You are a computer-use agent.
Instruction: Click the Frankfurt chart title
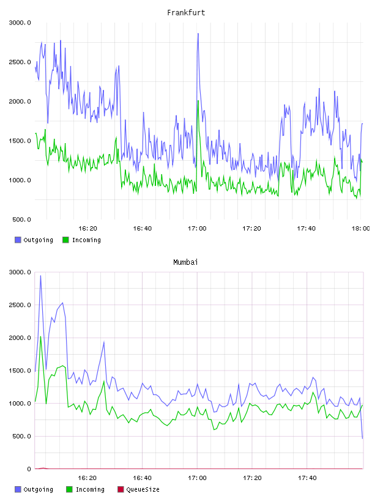click(186, 13)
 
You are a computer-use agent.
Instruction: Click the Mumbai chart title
click(185, 262)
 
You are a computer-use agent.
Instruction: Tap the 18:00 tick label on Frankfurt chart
click(360, 229)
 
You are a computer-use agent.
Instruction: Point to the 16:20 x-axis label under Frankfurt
click(87, 229)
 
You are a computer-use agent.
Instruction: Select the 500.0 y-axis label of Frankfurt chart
click(21, 220)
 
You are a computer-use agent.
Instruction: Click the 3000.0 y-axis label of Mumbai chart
click(20, 272)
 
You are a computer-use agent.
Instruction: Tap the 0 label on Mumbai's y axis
click(29, 469)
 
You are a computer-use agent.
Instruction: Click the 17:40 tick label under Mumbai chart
click(307, 478)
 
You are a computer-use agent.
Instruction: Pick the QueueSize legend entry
click(138, 489)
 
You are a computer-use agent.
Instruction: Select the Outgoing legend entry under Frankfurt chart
click(34, 240)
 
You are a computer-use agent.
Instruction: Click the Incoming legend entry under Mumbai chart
click(86, 489)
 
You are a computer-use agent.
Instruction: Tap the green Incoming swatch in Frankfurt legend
click(65, 240)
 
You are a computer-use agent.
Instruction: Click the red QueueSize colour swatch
click(121, 489)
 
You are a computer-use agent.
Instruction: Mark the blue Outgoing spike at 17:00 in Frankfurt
click(198, 34)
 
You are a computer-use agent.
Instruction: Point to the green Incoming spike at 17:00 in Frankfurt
click(198, 101)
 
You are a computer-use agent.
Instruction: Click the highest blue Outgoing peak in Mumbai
click(40, 276)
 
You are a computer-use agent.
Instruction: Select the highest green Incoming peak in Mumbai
click(40, 337)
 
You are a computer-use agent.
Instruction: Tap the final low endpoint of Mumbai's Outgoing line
click(362, 438)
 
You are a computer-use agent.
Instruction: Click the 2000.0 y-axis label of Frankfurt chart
click(20, 102)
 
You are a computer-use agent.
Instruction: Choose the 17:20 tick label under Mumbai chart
click(252, 478)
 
